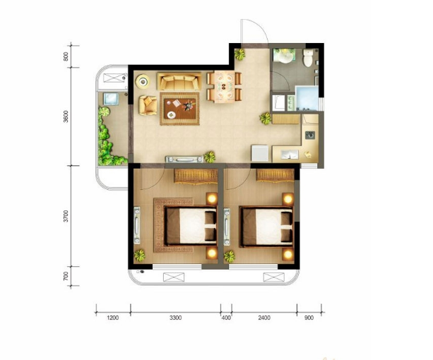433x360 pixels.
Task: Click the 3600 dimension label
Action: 66,116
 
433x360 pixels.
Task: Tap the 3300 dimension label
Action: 176,318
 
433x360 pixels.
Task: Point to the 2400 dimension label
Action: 264,318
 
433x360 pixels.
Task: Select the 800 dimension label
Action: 66,56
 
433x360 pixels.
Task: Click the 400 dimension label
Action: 226,318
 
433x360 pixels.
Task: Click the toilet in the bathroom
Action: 308,58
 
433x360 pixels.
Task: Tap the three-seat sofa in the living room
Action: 179,81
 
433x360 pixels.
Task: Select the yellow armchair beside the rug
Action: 148,105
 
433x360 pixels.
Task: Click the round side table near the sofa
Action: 143,81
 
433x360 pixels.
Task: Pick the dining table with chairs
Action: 224,87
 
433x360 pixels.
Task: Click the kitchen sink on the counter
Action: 310,135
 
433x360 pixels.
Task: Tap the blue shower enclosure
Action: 307,99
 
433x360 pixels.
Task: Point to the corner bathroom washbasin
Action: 284,56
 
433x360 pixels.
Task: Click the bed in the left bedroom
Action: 191,226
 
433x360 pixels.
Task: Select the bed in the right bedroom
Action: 266,226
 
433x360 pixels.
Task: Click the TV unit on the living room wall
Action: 184,160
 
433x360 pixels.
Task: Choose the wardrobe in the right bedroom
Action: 275,175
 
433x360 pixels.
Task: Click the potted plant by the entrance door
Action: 239,54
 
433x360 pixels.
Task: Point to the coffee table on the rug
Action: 180,109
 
